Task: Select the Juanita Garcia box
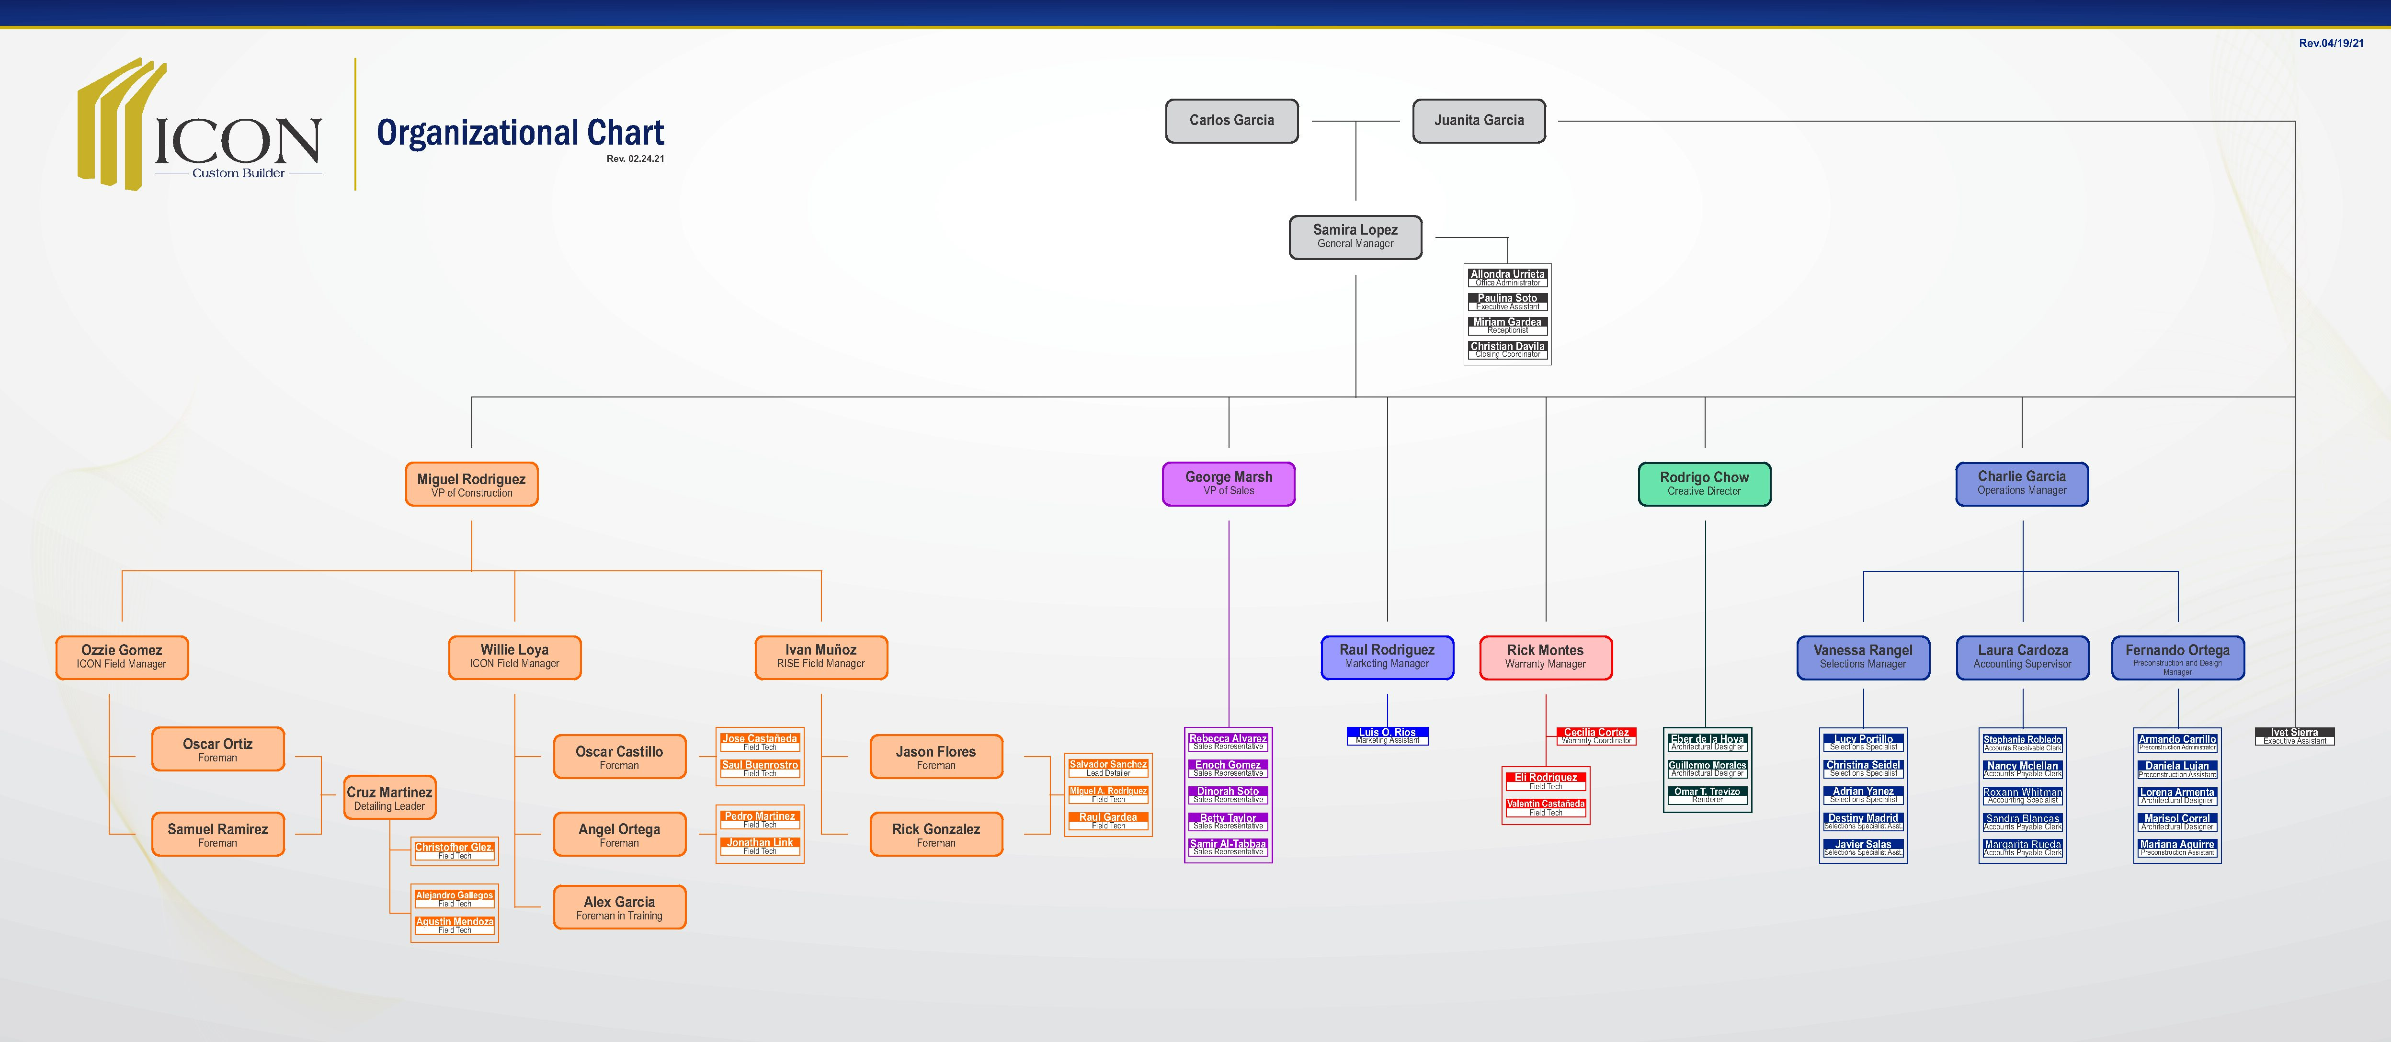coord(1479,121)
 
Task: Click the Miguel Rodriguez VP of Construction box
coord(471,484)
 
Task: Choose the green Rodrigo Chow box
coord(1704,484)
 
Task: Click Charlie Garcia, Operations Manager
coord(2022,484)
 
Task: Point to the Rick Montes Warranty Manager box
coord(1546,657)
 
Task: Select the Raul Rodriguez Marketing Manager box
coord(1387,657)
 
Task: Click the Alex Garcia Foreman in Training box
coord(619,907)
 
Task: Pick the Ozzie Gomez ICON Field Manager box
coord(122,657)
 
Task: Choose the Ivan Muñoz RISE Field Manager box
coord(820,657)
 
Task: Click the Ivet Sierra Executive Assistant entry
coord(2294,736)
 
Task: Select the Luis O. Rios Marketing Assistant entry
coord(1387,736)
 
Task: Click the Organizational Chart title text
coord(520,134)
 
